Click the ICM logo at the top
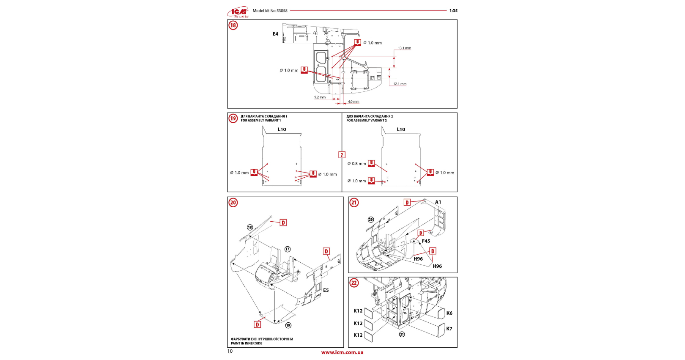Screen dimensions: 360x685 pyautogui.click(x=238, y=12)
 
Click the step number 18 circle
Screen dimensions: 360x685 pyautogui.click(x=233, y=25)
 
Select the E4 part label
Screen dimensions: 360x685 pyautogui.click(x=275, y=34)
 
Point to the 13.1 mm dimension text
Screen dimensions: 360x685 pyautogui.click(x=404, y=48)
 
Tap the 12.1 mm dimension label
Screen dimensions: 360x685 pyautogui.click(x=400, y=84)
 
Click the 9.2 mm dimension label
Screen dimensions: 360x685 pyautogui.click(x=320, y=97)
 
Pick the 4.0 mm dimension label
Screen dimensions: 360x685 pyautogui.click(x=353, y=102)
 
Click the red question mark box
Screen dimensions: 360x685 pyautogui.click(x=342, y=155)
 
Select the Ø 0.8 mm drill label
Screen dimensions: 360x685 pyautogui.click(x=357, y=164)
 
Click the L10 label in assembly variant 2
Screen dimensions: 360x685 pyautogui.click(x=401, y=129)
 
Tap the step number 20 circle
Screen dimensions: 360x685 pyautogui.click(x=233, y=203)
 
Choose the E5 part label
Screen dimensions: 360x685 pyautogui.click(x=326, y=290)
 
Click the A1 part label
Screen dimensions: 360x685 pyautogui.click(x=438, y=202)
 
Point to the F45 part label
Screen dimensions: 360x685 pyautogui.click(x=426, y=241)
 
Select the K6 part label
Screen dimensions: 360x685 pyautogui.click(x=449, y=313)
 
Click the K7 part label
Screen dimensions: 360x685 pyautogui.click(x=449, y=329)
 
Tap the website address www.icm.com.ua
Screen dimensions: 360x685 pyautogui.click(x=342, y=352)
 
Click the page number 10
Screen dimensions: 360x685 pyautogui.click(x=230, y=351)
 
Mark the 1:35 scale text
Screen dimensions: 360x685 pyautogui.click(x=453, y=11)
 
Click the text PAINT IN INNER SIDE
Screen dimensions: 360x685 pyautogui.click(x=247, y=344)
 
